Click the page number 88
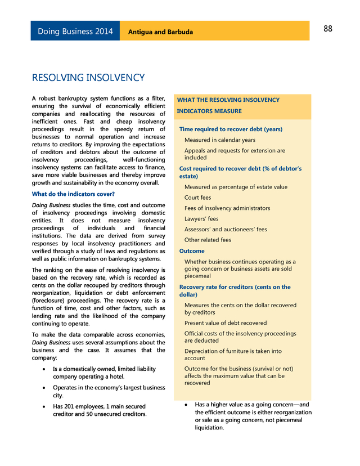pos(328,29)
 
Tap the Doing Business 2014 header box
pos(75,32)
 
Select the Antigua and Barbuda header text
pos(160,32)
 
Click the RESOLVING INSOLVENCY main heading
pos(88,78)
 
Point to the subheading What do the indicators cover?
pos(73,194)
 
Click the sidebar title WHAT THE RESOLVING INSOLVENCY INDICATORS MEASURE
pos(228,105)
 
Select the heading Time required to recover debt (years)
pos(231,129)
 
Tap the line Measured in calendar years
pos(219,140)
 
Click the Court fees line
pos(197,198)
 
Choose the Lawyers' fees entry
pos(201,219)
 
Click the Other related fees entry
pos(208,240)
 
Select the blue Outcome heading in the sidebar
pos(192,251)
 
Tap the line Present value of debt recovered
pos(226,323)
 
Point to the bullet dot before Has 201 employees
pos(44,406)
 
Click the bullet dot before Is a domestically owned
pos(44,369)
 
